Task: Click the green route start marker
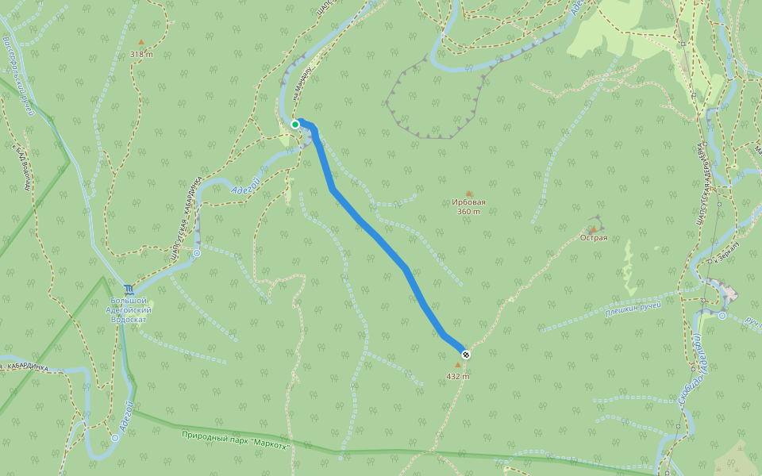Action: point(295,124)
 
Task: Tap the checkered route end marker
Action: point(466,355)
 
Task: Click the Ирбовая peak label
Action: point(468,202)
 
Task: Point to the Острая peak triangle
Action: point(593,228)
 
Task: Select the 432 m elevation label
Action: point(458,376)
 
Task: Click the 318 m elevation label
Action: point(141,54)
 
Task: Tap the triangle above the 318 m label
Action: point(141,42)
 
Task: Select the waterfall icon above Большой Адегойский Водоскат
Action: point(129,289)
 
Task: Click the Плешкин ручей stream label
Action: point(633,307)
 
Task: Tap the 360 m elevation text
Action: point(468,212)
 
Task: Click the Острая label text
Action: point(594,238)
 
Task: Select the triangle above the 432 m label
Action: point(457,366)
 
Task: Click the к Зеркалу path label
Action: point(725,252)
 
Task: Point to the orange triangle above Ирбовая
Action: point(468,194)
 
